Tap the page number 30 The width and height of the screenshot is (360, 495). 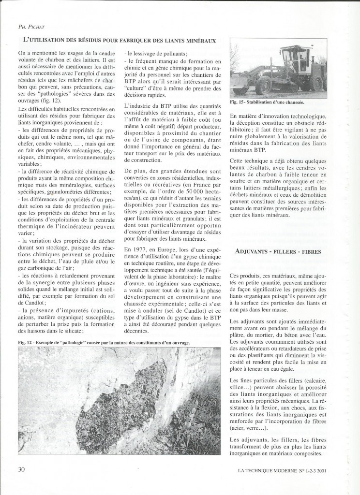tap(22, 469)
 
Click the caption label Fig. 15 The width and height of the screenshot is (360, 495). tap(239, 103)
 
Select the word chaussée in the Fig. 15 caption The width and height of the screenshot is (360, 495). tap(296, 103)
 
